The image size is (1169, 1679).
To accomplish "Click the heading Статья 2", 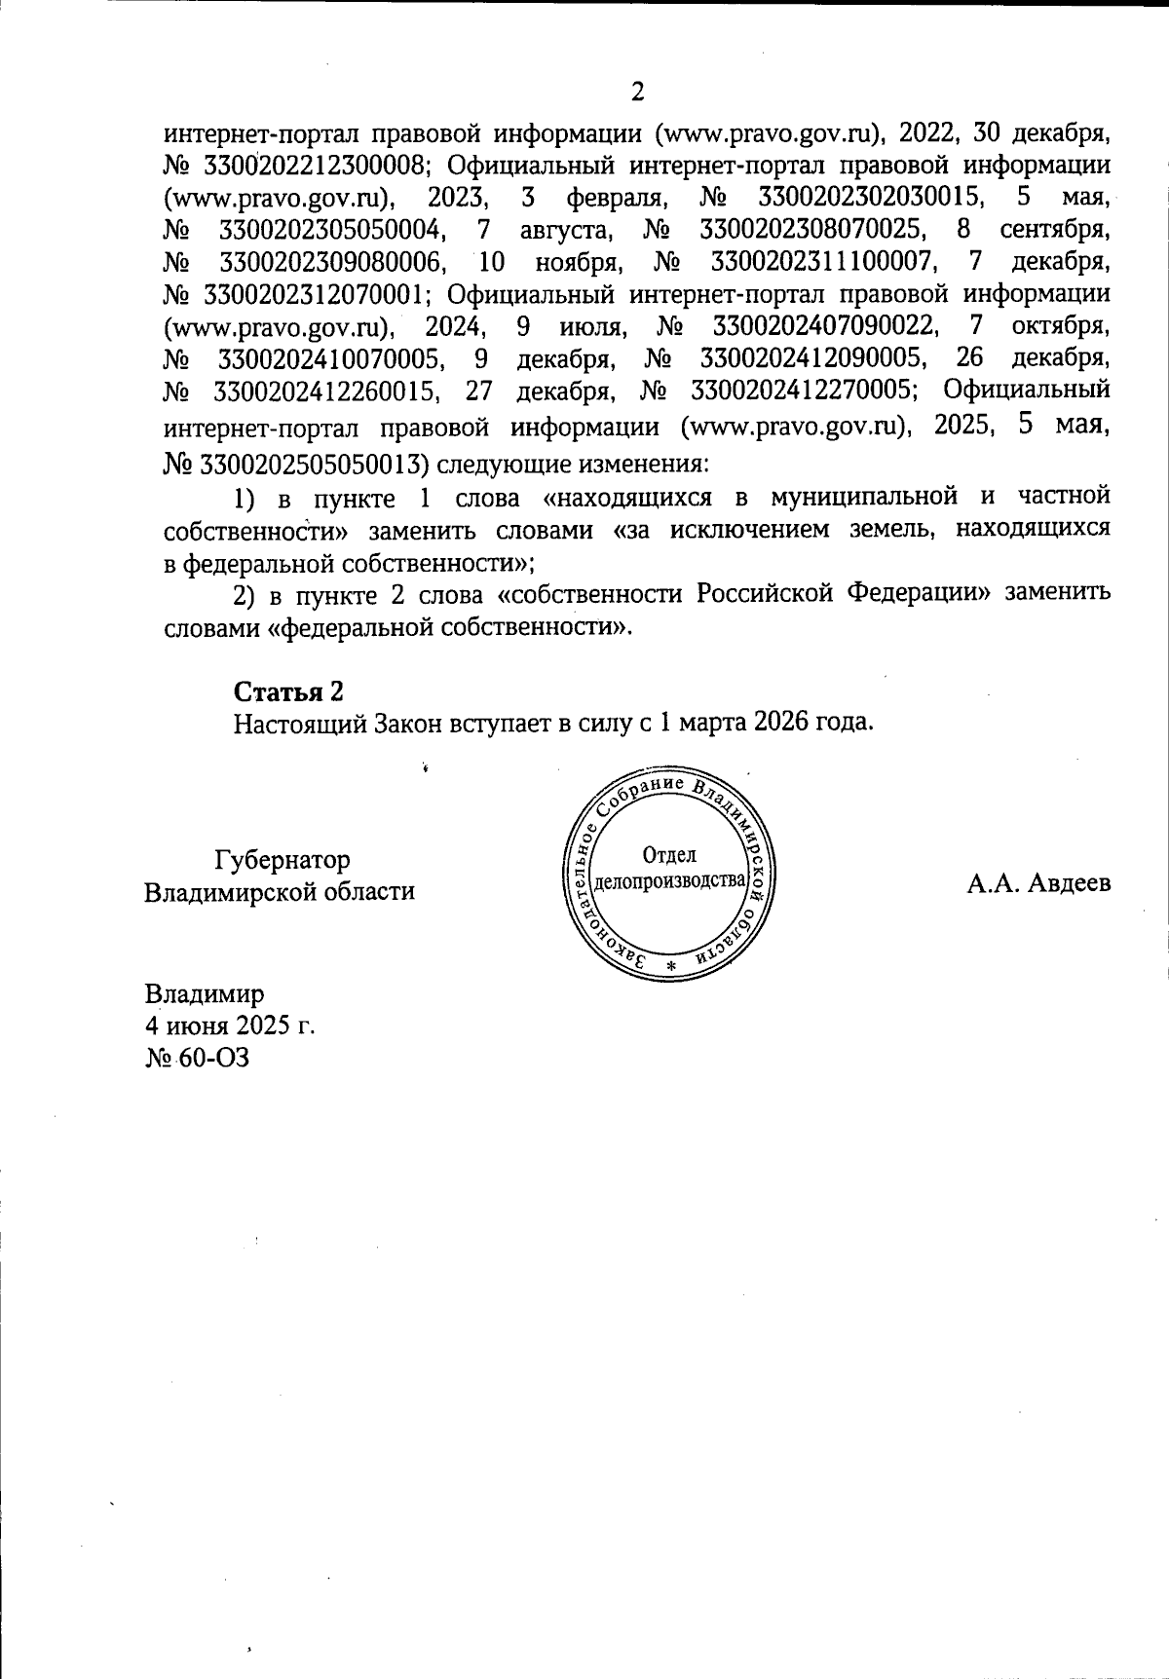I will [x=288, y=691].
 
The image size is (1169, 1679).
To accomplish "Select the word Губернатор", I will [x=283, y=860].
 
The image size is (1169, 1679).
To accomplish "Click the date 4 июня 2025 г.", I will [x=230, y=1026].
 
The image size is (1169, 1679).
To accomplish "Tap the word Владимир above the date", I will [x=205, y=994].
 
